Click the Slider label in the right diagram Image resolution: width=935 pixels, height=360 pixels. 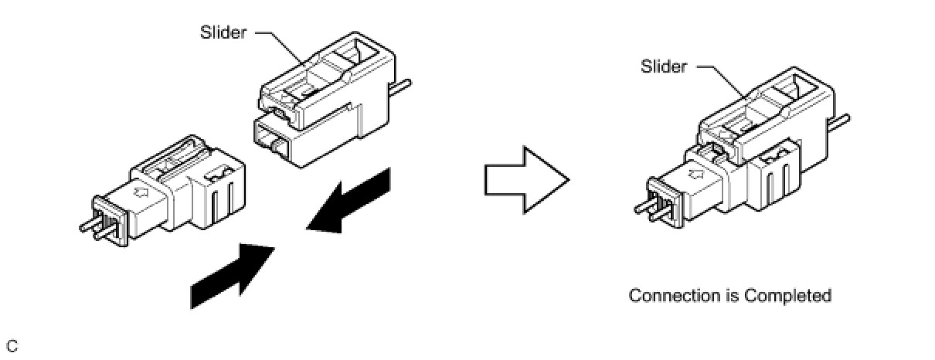pyautogui.click(x=663, y=66)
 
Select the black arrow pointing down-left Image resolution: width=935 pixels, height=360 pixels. pyautogui.click(x=352, y=200)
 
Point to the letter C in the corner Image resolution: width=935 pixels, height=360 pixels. pyautogui.click(x=12, y=345)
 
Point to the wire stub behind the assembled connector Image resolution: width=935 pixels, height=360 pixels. pyautogui.click(x=840, y=121)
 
